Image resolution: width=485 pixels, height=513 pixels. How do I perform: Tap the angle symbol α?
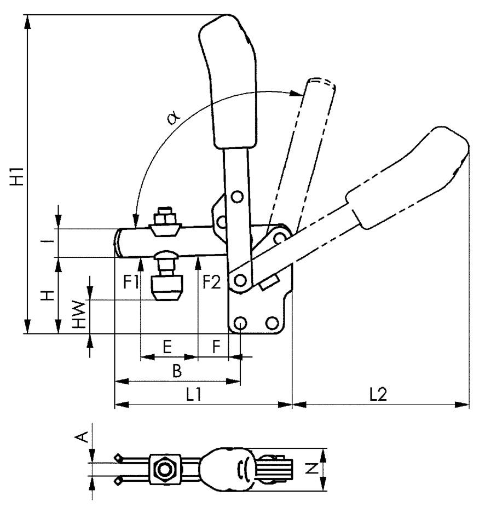[174, 118]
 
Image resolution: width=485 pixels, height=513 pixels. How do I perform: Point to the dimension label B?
[176, 372]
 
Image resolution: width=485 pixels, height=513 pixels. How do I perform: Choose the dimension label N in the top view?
[309, 468]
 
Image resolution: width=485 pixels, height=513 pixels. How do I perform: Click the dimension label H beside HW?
[49, 295]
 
